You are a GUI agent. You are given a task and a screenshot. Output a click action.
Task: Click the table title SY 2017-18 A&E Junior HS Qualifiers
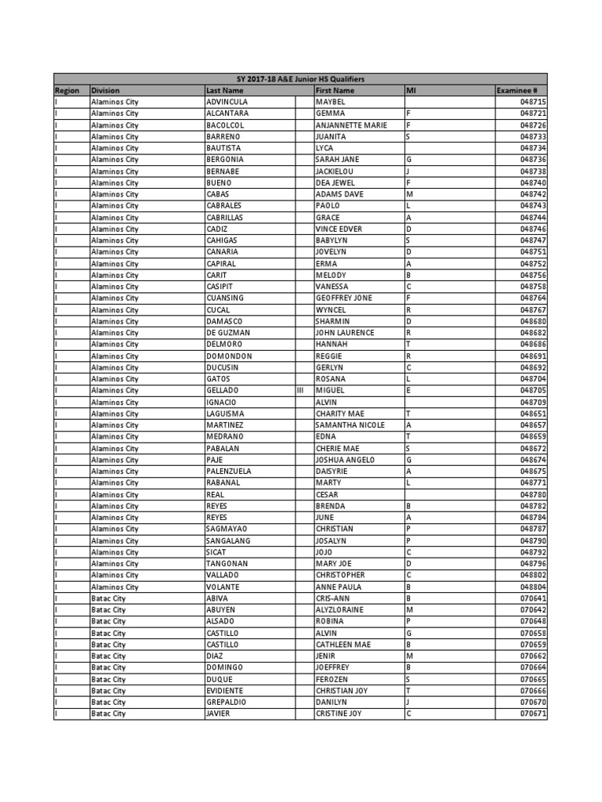tap(300, 79)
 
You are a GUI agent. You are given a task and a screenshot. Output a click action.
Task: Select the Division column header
tap(105, 91)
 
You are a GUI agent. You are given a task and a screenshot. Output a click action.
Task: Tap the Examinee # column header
tap(516, 91)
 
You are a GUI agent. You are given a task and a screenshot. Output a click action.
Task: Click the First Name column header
tap(335, 91)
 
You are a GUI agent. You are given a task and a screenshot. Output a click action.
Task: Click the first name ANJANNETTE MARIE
tap(351, 125)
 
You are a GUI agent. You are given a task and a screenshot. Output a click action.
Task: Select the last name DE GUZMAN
tap(228, 333)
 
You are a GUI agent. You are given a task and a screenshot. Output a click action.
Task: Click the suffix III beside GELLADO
tap(299, 390)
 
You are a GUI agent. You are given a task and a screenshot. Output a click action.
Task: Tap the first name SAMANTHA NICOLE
tap(350, 425)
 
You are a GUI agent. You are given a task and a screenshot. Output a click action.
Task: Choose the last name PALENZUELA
tap(230, 471)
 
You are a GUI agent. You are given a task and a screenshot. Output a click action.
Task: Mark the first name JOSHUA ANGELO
tap(346, 460)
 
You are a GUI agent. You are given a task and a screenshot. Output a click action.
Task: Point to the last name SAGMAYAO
tap(227, 529)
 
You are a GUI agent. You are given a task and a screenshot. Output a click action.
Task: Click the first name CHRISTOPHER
tap(342, 575)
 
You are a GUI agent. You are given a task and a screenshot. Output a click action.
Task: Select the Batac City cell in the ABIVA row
tap(108, 598)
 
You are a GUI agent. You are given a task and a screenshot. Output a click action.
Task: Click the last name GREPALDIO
tap(227, 703)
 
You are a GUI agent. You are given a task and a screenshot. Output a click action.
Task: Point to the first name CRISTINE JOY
tap(339, 714)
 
